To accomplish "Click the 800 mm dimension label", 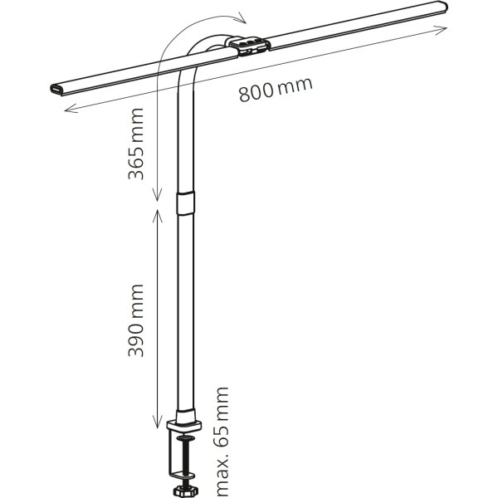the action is tap(276, 89).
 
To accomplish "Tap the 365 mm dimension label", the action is tap(136, 144).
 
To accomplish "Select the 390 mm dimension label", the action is tap(136, 320).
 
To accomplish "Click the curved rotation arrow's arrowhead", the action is tap(242, 18).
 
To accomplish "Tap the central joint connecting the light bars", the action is tap(250, 46).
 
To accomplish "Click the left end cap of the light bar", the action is tap(56, 90).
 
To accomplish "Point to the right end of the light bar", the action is tap(443, 7).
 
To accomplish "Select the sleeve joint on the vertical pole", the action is tap(185, 203).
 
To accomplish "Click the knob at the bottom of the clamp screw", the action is tap(185, 491).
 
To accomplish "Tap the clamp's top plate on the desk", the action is tap(184, 425).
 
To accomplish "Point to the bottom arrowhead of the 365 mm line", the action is tap(157, 195).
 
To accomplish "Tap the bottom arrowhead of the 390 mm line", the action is tap(157, 422).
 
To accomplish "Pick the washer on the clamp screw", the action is tap(185, 438).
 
